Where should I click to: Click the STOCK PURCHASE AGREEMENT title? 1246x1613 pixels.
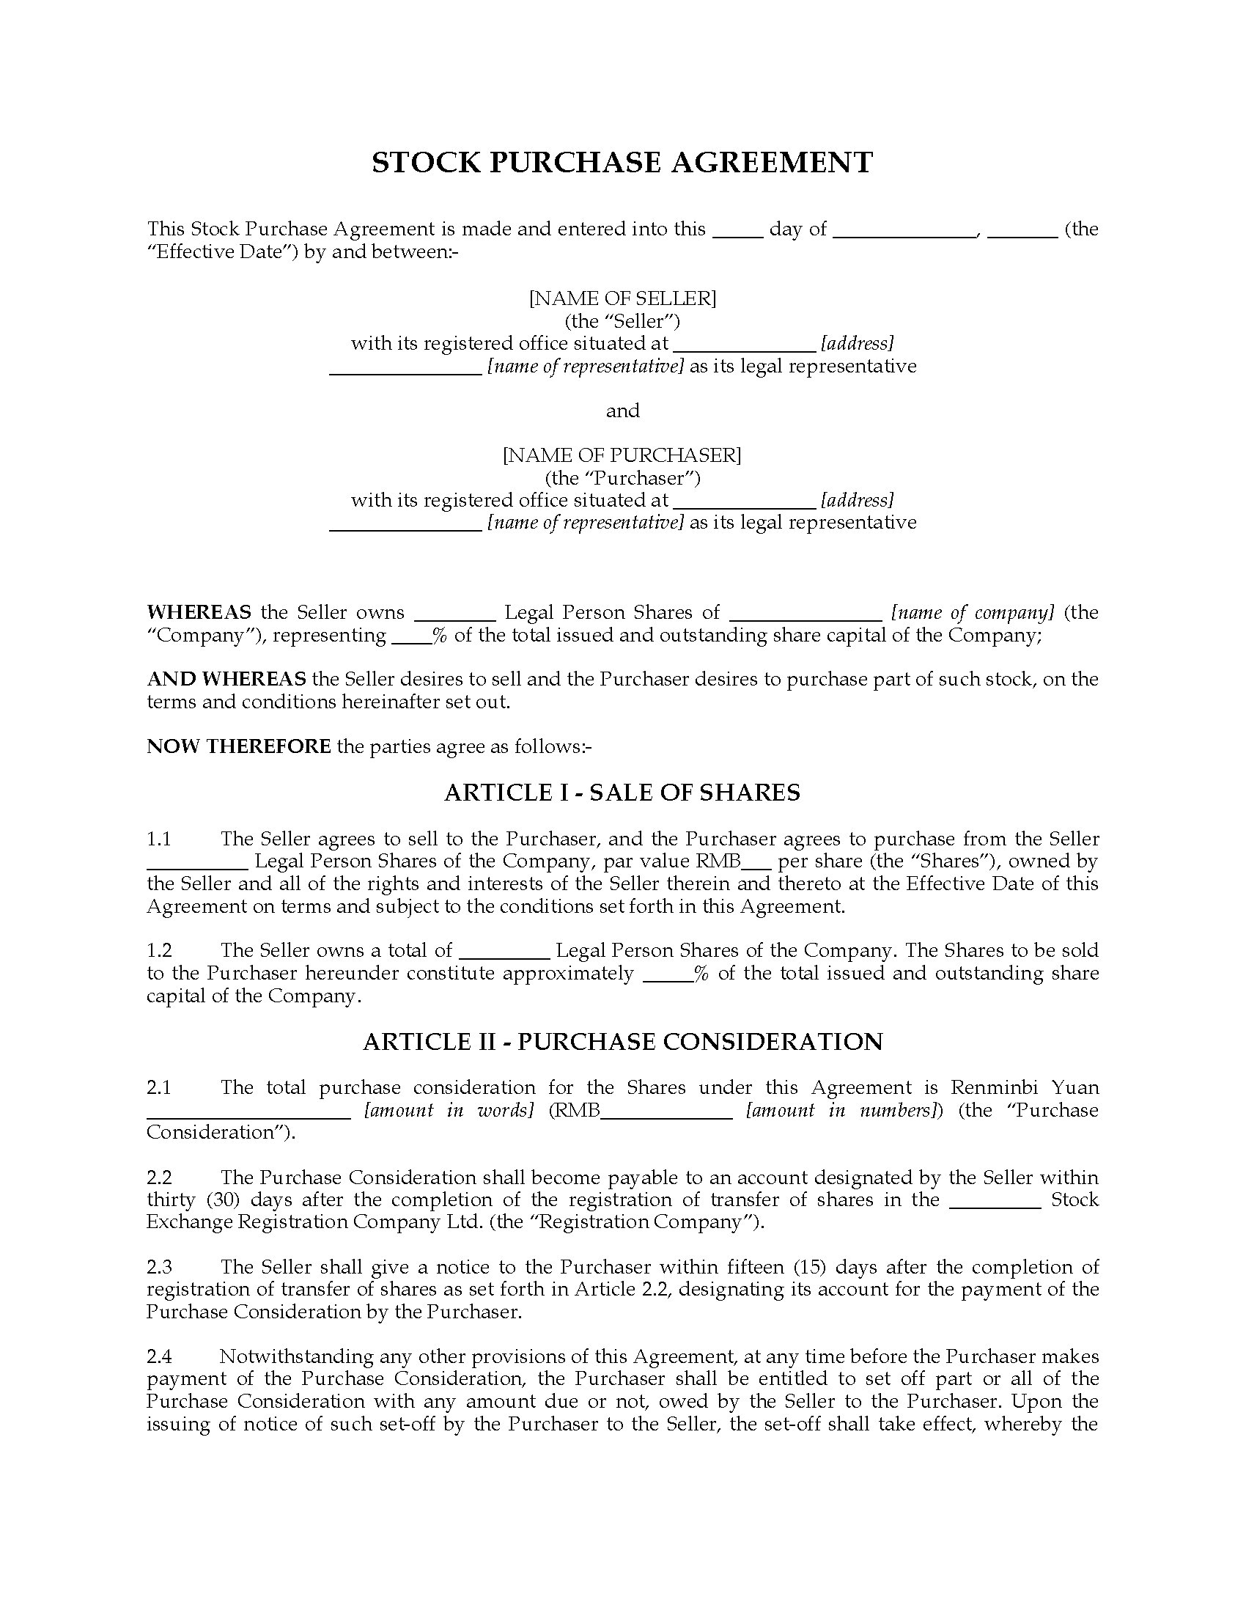(x=622, y=163)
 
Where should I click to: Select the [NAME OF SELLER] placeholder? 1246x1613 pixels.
(x=622, y=298)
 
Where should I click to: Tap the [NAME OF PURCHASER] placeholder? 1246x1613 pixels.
(x=622, y=455)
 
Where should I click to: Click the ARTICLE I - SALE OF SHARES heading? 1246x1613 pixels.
(x=622, y=793)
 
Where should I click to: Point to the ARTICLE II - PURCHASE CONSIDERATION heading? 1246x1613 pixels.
(x=622, y=1041)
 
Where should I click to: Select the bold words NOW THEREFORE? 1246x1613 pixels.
(x=238, y=746)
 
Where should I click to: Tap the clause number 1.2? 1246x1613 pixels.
(x=159, y=949)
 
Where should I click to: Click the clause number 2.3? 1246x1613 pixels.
(x=159, y=1267)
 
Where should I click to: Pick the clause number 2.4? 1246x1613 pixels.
(x=159, y=1356)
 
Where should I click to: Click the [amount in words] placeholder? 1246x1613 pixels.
(x=449, y=1110)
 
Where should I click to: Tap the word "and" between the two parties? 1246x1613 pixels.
(x=622, y=411)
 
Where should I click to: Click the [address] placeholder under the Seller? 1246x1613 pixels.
(x=857, y=343)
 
